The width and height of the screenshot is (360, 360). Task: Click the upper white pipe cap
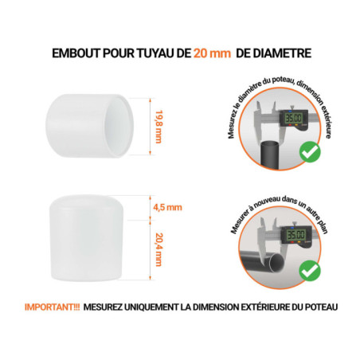(x=91, y=126)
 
